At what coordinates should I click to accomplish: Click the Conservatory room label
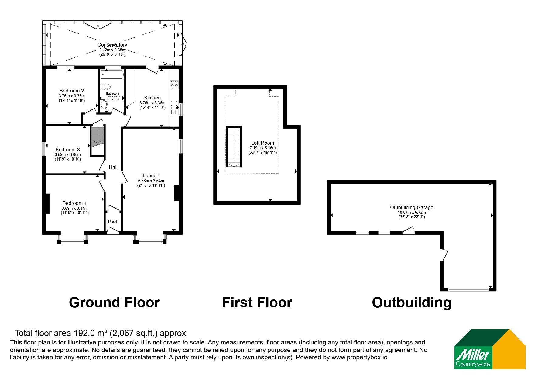pos(112,45)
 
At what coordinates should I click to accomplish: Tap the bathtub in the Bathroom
pos(112,75)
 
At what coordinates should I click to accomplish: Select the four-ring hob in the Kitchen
pos(174,85)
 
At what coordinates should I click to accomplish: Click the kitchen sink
pos(174,108)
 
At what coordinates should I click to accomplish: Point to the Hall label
pos(113,167)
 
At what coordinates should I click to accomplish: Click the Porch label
pos(113,222)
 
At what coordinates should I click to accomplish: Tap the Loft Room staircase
pos(234,147)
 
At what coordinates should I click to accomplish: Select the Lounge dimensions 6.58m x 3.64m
pos(151,181)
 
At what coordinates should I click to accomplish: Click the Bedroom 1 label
pos(75,203)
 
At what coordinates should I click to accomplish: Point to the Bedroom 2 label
pos(72,91)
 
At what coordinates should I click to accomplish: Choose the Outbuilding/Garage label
pos(412,207)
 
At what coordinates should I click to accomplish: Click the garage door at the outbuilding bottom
pos(468,290)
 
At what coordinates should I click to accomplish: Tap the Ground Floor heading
pos(114,303)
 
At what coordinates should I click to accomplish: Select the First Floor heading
pos(257,303)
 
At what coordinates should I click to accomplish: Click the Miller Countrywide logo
pos(490,349)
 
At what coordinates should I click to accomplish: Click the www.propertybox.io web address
pos(359,357)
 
